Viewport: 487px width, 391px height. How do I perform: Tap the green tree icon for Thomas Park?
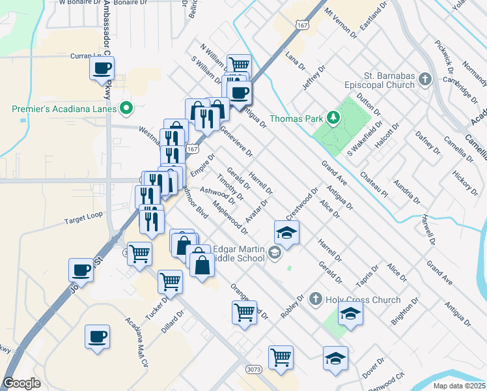coord(333,117)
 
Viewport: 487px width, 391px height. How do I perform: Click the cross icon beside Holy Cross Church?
coord(315,298)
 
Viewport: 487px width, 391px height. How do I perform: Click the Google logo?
coord(22,383)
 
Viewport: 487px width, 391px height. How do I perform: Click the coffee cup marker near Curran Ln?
coord(102,68)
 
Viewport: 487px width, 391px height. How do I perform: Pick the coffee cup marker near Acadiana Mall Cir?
coord(97,336)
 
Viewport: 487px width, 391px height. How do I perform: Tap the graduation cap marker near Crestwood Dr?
coord(286,232)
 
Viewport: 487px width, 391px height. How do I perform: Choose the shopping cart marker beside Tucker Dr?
coord(170,282)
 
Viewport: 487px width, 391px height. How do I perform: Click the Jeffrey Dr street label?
coord(313,80)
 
